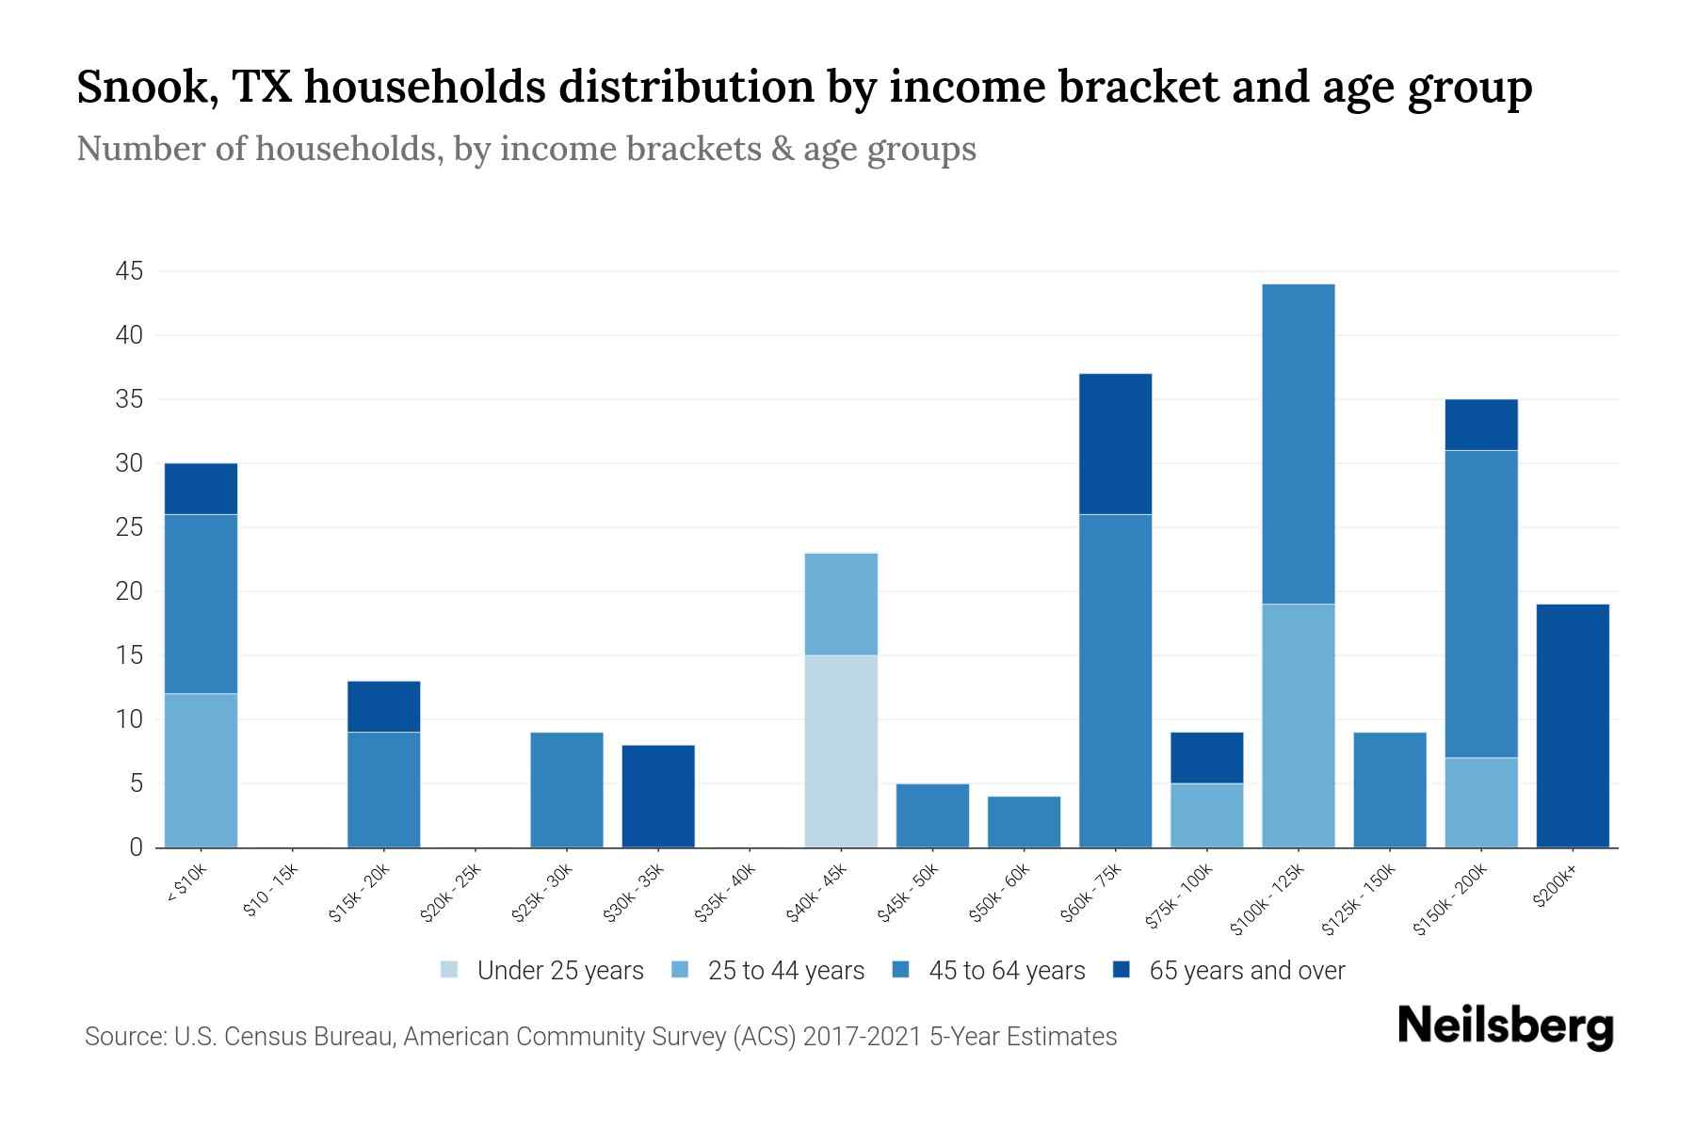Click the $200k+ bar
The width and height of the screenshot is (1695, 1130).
point(1572,725)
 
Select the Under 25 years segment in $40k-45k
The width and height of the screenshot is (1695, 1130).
point(841,751)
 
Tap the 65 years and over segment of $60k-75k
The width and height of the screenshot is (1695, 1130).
point(1115,444)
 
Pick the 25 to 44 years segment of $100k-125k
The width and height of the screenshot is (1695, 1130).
point(1298,725)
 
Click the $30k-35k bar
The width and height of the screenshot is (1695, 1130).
point(658,796)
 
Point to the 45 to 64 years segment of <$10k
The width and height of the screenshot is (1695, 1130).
point(201,604)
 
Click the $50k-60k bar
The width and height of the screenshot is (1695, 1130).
point(1024,821)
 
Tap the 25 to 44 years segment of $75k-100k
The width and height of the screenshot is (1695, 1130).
point(1206,815)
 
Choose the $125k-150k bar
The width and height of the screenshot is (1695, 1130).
point(1389,789)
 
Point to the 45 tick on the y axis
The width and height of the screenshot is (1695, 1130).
point(129,272)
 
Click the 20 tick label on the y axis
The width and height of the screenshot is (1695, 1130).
point(129,591)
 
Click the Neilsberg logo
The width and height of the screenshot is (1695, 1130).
point(1505,1025)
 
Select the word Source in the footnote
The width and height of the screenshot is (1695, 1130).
point(122,1037)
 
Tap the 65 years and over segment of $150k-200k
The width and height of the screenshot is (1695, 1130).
point(1480,425)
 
